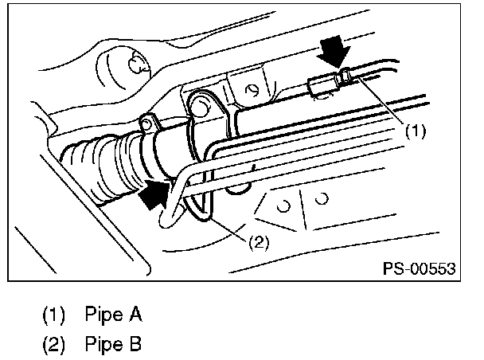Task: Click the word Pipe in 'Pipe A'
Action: coord(101,315)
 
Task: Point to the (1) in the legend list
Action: coord(54,315)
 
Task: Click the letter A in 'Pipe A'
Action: coord(135,315)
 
